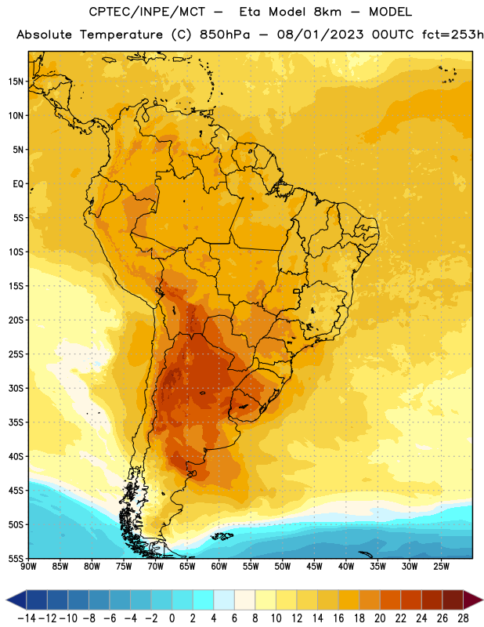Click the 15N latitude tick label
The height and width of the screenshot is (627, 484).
[x=16, y=82]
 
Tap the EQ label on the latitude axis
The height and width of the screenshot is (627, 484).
[x=18, y=184]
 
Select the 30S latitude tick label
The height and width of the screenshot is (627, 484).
[x=16, y=388]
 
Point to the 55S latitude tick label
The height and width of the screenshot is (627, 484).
[x=16, y=558]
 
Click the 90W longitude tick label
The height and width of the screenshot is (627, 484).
[x=28, y=567]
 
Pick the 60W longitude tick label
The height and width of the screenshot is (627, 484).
[x=219, y=567]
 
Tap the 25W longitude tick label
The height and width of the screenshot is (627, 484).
[x=441, y=567]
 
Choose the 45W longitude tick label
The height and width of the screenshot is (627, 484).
[x=314, y=567]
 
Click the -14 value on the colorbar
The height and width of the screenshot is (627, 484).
[x=27, y=618]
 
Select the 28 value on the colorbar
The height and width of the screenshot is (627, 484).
[x=463, y=618]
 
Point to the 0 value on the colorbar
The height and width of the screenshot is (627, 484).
[x=172, y=618]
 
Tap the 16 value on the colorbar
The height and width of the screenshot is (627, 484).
[x=338, y=618]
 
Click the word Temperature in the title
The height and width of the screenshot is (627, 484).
[x=121, y=34]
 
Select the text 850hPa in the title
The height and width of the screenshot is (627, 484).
[x=225, y=34]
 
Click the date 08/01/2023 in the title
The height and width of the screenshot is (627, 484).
[x=320, y=34]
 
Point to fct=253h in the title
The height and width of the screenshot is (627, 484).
[x=453, y=34]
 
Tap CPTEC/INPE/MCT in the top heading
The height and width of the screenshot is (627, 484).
[x=147, y=12]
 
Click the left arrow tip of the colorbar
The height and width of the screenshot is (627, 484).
[x=6, y=600]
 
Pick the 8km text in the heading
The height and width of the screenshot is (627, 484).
[x=327, y=12]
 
